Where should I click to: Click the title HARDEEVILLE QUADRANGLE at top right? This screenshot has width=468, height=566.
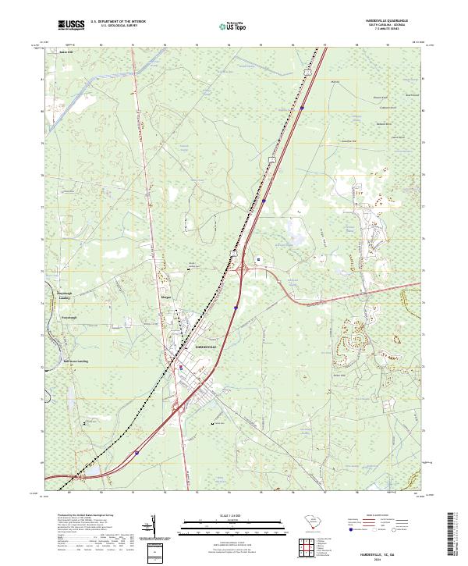pyautogui.click(x=387, y=20)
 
